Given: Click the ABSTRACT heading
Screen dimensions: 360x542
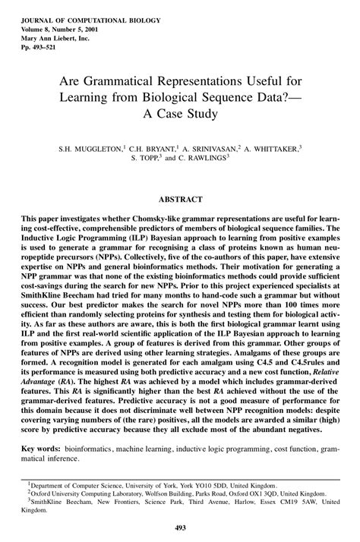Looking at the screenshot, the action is pyautogui.click(x=179, y=199).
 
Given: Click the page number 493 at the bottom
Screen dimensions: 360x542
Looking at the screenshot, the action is pyautogui.click(x=179, y=528).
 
